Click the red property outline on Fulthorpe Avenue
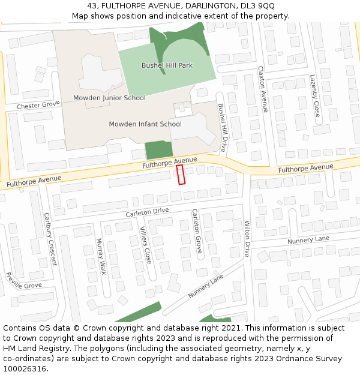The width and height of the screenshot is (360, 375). click(x=181, y=175)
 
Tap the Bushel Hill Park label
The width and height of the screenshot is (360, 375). click(x=167, y=65)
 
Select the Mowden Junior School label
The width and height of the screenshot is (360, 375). click(x=109, y=98)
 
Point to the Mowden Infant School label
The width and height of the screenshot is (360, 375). click(x=145, y=124)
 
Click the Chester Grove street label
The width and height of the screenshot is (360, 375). click(x=38, y=106)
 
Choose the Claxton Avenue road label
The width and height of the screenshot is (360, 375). click(x=262, y=89)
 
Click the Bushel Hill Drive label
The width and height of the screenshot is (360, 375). click(x=222, y=127)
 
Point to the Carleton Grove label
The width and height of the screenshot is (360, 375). click(x=196, y=231)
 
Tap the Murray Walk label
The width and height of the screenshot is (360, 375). click(x=101, y=257)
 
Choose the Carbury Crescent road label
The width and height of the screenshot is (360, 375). click(x=50, y=239)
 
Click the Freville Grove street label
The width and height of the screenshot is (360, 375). click(x=23, y=281)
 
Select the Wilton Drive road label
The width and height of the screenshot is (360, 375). click(x=247, y=239)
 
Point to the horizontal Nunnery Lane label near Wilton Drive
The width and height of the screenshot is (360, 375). click(x=308, y=239)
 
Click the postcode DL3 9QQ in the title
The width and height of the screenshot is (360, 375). click(x=260, y=6)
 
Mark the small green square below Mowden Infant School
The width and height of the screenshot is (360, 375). click(x=158, y=150)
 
